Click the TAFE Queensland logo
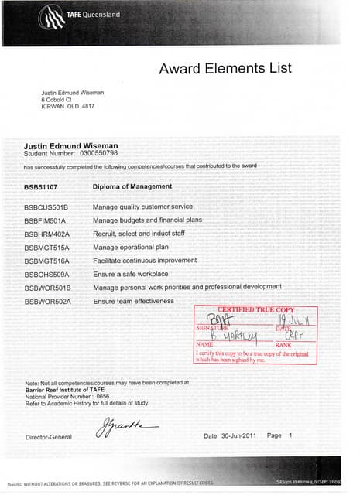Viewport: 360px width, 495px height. click(x=74, y=15)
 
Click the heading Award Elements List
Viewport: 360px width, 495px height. click(x=225, y=69)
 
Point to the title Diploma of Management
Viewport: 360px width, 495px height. click(x=132, y=186)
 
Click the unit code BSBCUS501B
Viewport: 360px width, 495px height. click(x=46, y=207)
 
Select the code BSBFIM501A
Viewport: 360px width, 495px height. click(x=46, y=220)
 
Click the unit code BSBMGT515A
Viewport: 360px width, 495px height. click(x=46, y=247)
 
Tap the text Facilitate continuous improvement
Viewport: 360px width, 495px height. click(x=145, y=261)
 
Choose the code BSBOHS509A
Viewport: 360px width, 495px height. click(x=47, y=274)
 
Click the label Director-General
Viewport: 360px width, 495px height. click(x=48, y=438)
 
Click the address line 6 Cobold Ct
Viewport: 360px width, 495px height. click(x=58, y=100)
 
